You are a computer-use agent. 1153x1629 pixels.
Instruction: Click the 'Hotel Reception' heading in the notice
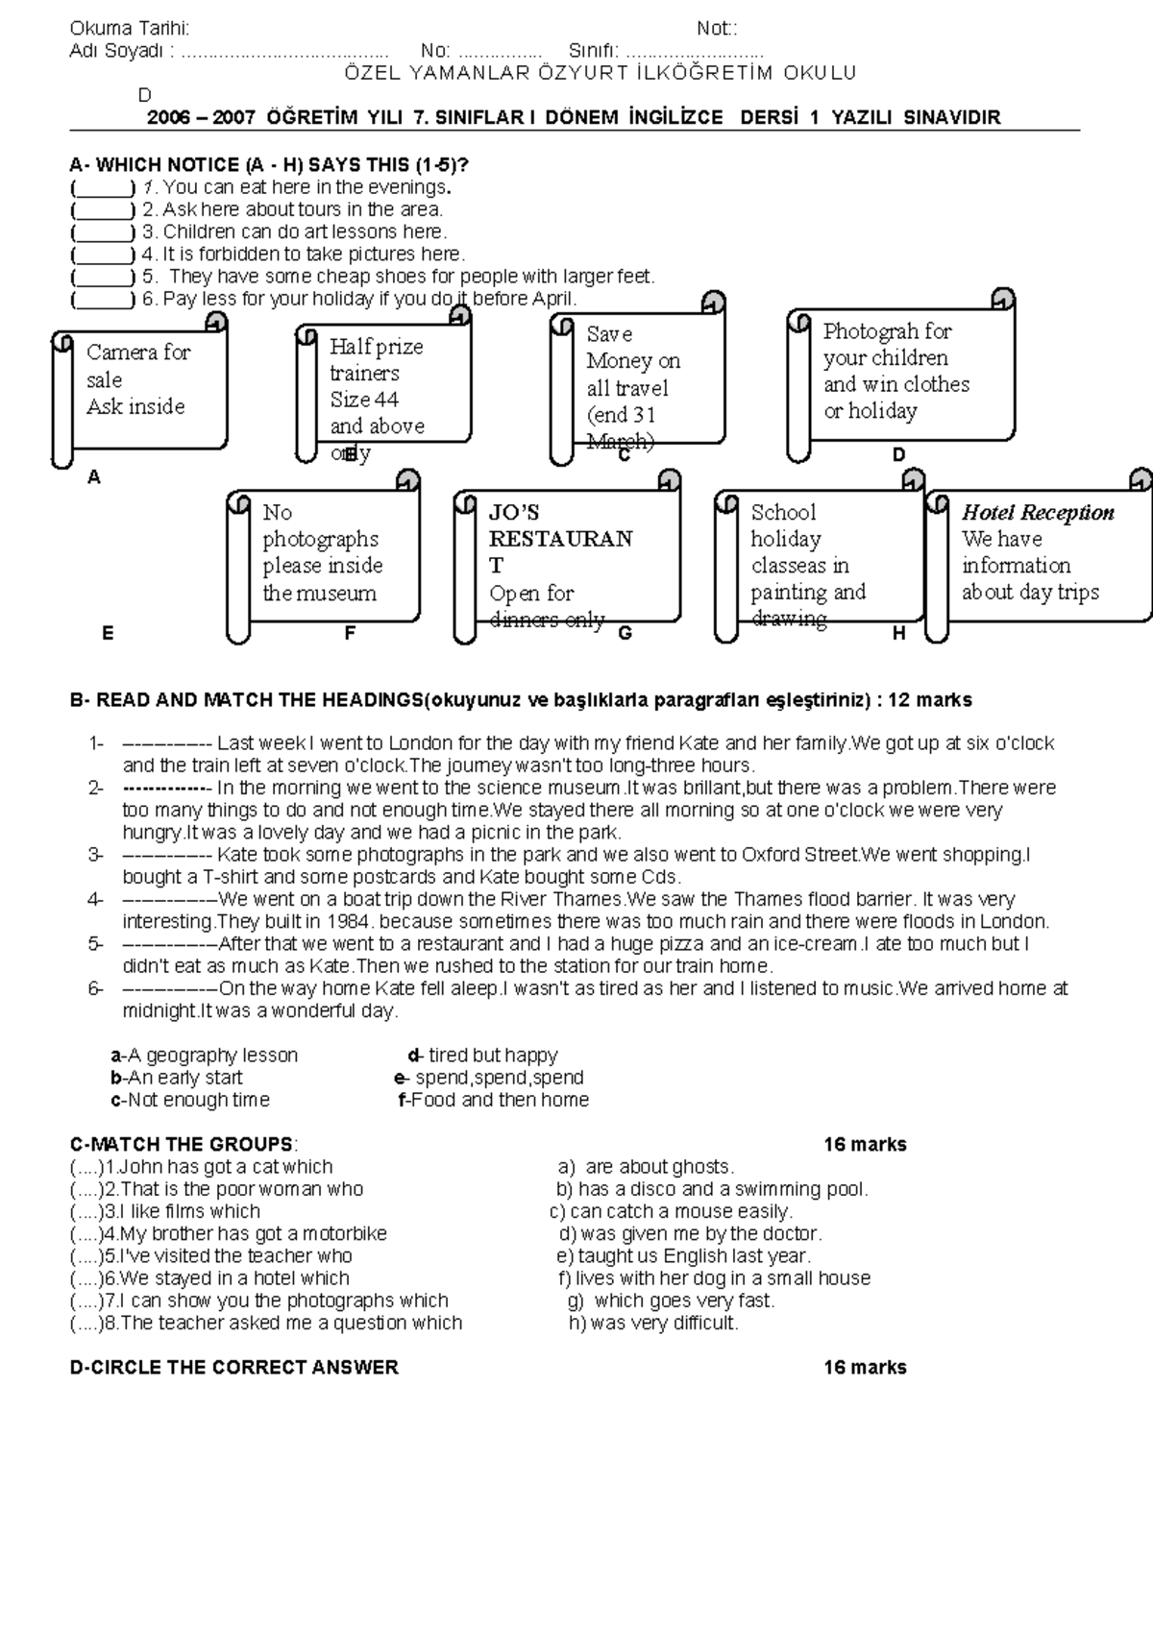click(1038, 513)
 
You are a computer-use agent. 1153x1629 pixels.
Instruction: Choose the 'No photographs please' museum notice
click(323, 554)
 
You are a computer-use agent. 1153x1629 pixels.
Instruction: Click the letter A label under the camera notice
click(94, 477)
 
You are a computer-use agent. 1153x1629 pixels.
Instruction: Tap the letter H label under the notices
click(898, 634)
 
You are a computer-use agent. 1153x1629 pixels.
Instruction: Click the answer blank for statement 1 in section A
click(102, 187)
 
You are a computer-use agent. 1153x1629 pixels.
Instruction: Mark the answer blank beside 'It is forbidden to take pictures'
click(102, 255)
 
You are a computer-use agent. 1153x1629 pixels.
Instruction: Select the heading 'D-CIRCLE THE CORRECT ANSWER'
click(234, 1368)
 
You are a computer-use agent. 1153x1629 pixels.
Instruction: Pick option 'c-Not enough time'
click(190, 1101)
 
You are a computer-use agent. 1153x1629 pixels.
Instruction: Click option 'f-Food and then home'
click(493, 1101)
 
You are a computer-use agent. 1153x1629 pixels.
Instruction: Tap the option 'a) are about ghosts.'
click(646, 1167)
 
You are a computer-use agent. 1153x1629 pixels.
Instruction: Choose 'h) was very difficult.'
click(653, 1324)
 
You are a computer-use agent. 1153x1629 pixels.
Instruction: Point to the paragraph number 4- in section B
click(95, 900)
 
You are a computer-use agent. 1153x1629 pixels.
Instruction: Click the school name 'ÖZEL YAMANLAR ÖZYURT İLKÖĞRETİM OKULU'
click(600, 73)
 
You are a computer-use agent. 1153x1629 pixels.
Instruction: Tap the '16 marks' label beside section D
click(865, 1368)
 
